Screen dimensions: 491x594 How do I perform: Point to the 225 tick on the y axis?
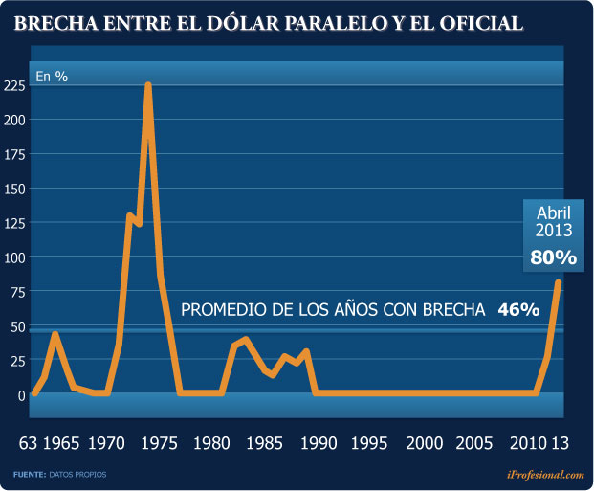tap(13, 85)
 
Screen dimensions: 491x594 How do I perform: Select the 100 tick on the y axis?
tap(13, 257)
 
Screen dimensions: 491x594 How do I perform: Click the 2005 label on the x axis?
tap(474, 444)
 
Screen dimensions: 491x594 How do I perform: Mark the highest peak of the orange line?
tap(148, 85)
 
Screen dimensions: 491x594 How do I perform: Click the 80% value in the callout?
tap(553, 257)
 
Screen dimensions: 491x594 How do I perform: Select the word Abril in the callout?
tap(553, 212)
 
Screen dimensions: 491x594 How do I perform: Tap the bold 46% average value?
tap(517, 309)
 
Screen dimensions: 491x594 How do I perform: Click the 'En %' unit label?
tap(52, 76)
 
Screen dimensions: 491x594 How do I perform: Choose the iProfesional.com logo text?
tap(544, 474)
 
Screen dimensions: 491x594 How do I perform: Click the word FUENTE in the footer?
tap(30, 474)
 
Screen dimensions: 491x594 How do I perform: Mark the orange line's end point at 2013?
tap(558, 283)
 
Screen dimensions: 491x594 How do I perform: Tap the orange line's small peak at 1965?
tap(55, 334)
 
